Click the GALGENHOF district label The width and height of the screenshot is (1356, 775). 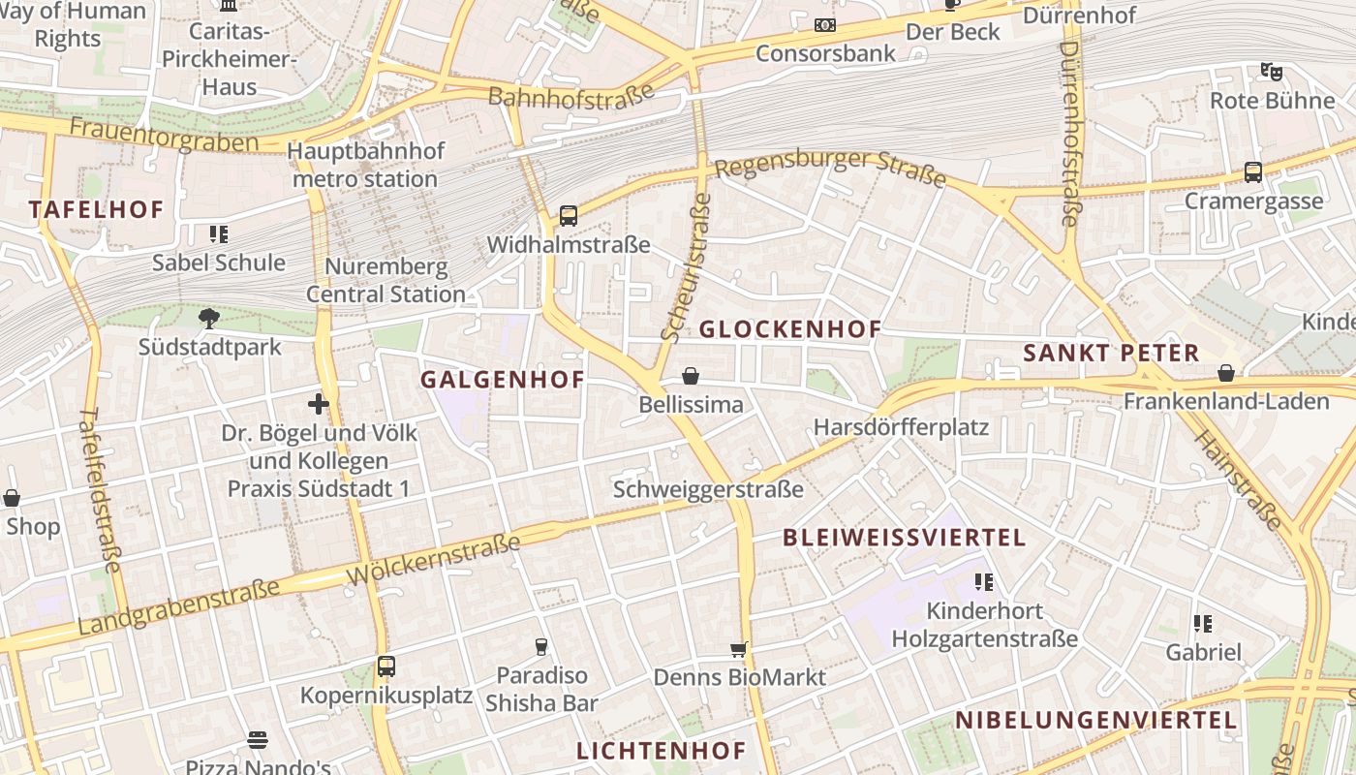(503, 380)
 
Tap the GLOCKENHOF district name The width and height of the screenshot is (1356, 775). (790, 329)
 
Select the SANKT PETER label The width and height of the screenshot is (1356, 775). (1111, 354)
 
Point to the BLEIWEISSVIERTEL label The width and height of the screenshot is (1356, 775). (904, 538)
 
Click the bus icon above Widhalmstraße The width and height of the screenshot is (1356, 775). (569, 216)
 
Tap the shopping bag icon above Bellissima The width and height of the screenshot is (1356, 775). (691, 376)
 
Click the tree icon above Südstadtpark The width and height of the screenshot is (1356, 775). (208, 318)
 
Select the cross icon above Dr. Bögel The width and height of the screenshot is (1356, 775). (319, 404)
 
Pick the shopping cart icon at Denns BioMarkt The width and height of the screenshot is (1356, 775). (739, 649)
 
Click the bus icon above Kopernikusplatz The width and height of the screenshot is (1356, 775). (386, 666)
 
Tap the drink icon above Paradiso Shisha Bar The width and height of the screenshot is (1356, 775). (541, 646)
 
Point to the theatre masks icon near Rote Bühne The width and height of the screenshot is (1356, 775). (1272, 72)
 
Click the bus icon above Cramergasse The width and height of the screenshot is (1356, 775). (1253, 172)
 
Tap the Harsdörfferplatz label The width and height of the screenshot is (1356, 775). (901, 427)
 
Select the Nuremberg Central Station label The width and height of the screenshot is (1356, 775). (386, 280)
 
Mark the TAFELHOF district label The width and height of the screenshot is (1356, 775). (96, 209)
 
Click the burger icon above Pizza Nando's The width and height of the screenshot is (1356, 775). (258, 741)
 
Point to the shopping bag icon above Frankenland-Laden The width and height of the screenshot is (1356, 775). (1226, 373)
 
